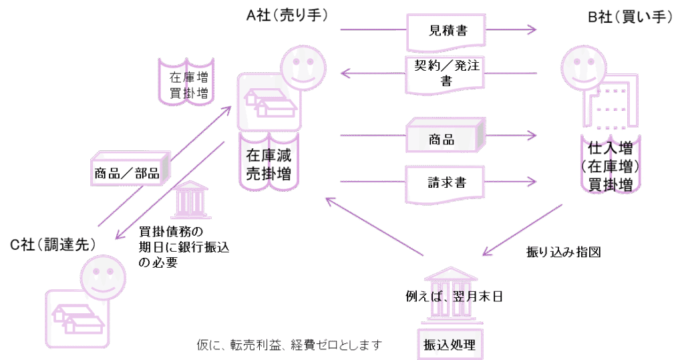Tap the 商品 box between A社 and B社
[445, 138]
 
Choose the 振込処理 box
[449, 345]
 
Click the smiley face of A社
[300, 67]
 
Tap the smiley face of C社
[103, 276]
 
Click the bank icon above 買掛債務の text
[191, 200]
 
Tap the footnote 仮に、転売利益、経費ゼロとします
[289, 345]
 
